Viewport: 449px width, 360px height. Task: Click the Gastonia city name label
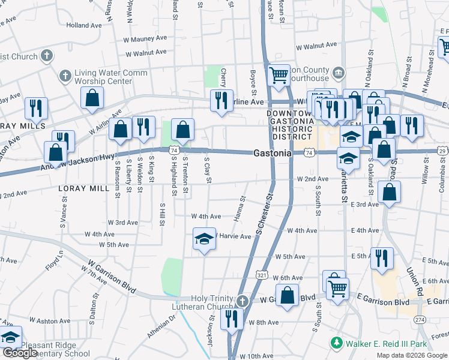coord(272,153)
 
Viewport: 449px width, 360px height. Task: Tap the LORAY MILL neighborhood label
coord(84,188)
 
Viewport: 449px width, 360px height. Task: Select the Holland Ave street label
coord(84,26)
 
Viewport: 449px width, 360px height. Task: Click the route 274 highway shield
coord(420,320)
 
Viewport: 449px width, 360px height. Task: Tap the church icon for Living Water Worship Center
coord(65,77)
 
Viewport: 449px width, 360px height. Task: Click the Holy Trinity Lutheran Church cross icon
coord(241,300)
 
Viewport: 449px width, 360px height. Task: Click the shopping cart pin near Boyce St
coord(279,76)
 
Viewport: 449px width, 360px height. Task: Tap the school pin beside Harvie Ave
coord(204,239)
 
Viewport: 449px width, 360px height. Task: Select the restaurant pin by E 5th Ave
coord(381,258)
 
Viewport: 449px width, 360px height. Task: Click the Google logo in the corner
coord(20,353)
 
